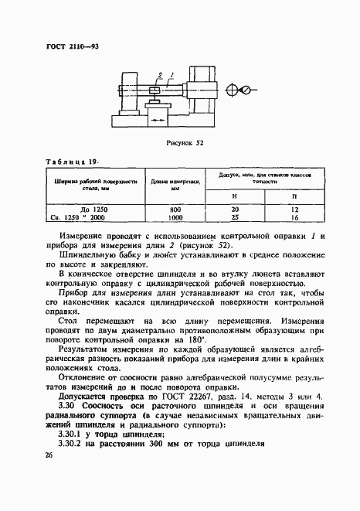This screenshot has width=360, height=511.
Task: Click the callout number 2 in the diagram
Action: click(159, 75)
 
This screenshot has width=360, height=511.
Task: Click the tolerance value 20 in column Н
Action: click(234, 210)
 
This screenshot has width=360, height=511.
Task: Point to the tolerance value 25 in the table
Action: click(234, 219)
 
